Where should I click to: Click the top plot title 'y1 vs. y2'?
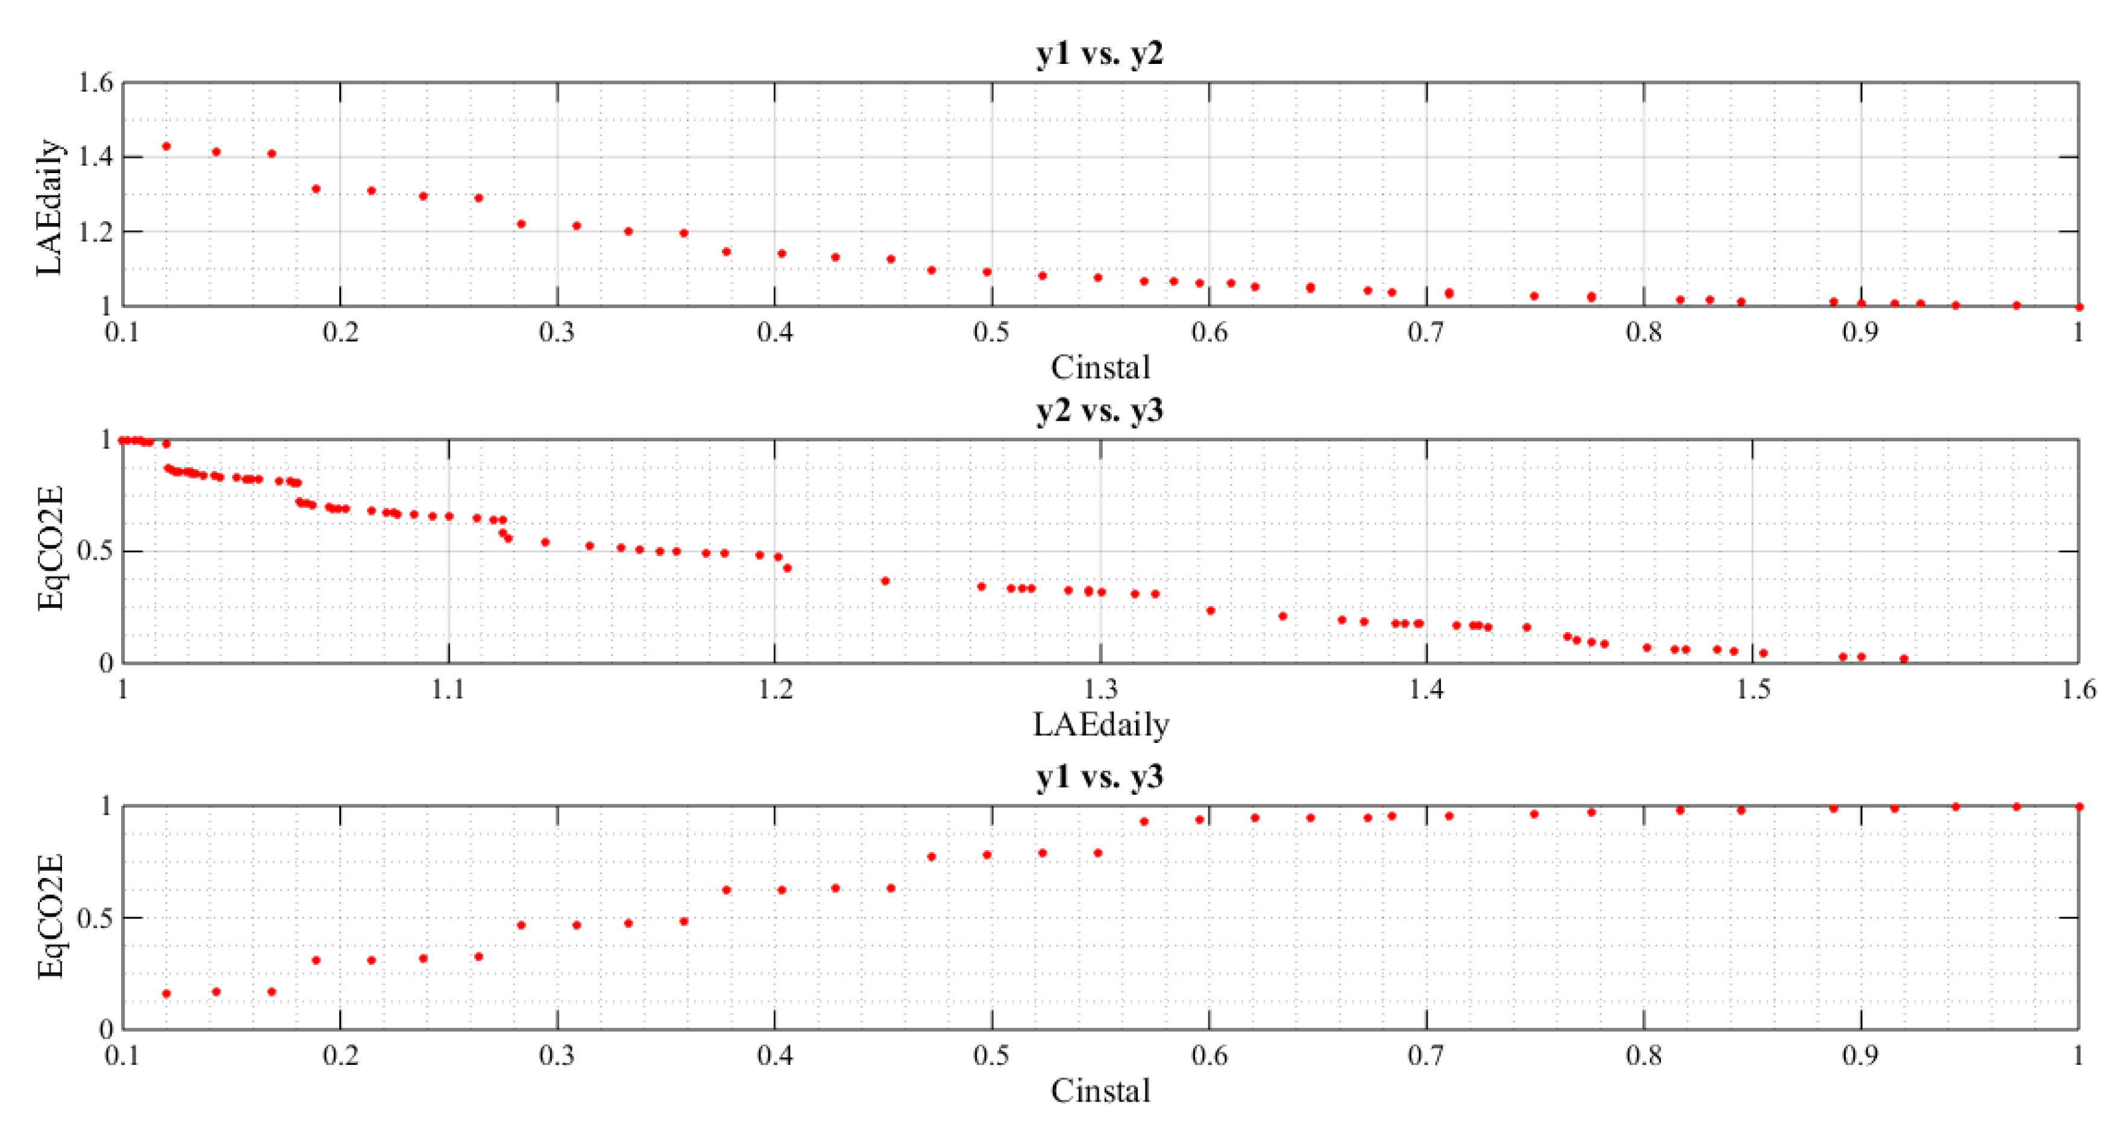pyautogui.click(x=1100, y=54)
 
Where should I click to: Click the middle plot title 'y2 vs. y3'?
pyautogui.click(x=1100, y=411)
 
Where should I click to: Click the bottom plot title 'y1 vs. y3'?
pyautogui.click(x=1100, y=777)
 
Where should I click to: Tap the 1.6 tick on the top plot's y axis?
pyautogui.click(x=95, y=83)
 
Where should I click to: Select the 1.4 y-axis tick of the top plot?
pyautogui.click(x=95, y=156)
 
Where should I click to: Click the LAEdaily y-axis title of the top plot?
pyautogui.click(x=49, y=207)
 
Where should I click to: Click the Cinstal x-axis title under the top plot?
pyautogui.click(x=1100, y=368)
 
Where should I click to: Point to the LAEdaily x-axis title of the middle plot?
pyautogui.click(x=1100, y=725)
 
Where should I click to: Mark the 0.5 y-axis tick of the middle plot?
pyautogui.click(x=95, y=551)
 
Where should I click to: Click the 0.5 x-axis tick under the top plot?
pyautogui.click(x=992, y=333)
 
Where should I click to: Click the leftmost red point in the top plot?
pyautogui.click(x=166, y=147)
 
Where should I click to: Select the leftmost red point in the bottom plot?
pyautogui.click(x=166, y=994)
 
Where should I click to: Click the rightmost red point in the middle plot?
pyautogui.click(x=1904, y=658)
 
